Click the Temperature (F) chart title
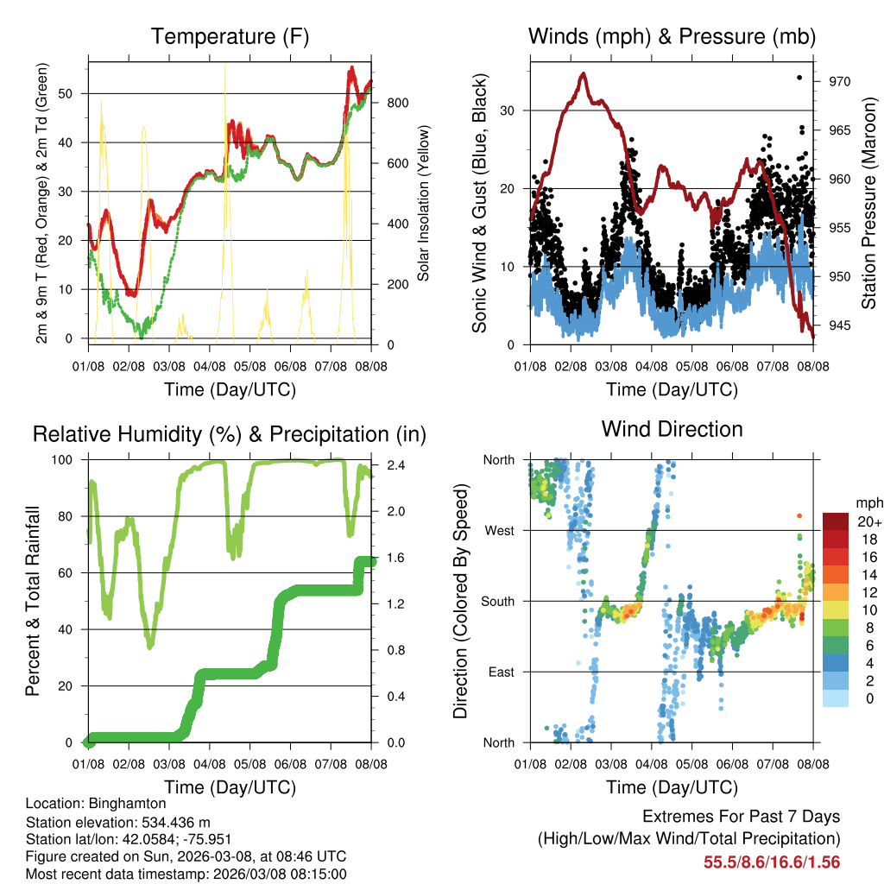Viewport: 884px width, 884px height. [230, 36]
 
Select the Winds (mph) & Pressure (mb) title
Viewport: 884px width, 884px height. [672, 36]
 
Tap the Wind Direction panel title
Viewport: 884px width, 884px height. [672, 428]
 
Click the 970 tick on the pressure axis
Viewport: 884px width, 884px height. [840, 81]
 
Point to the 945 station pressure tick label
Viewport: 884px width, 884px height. [840, 325]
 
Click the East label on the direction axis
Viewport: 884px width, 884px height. [500, 672]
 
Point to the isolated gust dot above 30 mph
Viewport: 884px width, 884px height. [799, 78]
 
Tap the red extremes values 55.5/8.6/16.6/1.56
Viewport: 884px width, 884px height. [772, 862]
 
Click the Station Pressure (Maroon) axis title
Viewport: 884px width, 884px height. [869, 202]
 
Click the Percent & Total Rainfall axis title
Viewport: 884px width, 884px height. [33, 601]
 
